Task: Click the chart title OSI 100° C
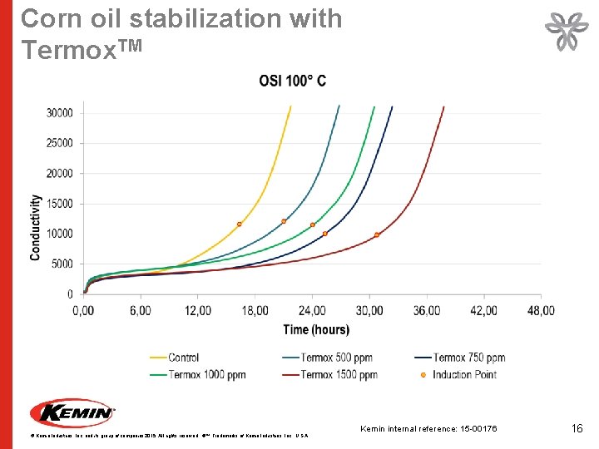pos(292,81)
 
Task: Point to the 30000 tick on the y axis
pos(58,113)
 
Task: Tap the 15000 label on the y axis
pos(58,204)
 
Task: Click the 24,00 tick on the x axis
pos(312,311)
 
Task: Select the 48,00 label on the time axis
pos(541,311)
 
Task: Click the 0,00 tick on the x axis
pos(82,311)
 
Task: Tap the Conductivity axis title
pos(37,228)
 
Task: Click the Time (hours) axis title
pos(316,330)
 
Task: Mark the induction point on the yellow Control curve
pos(240,224)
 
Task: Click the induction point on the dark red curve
pos(377,235)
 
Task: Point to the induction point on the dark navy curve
pos(325,234)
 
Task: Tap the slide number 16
pos(577,428)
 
